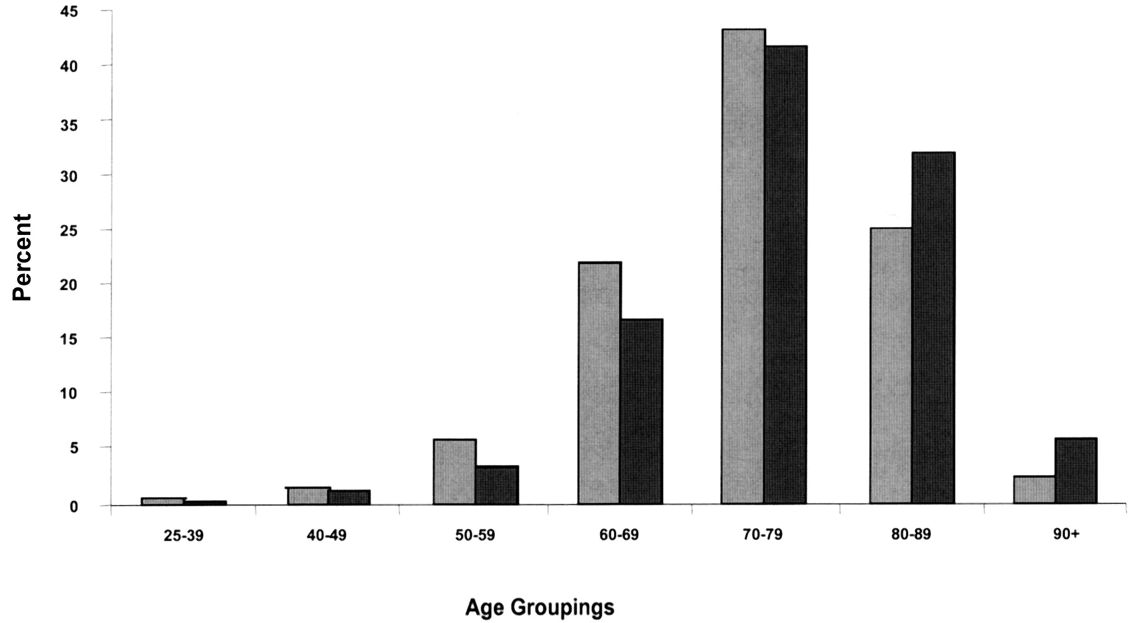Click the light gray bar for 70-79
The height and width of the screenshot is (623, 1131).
(x=743, y=266)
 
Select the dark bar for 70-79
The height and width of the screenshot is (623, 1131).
(x=786, y=274)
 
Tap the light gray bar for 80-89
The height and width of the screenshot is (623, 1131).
(x=891, y=366)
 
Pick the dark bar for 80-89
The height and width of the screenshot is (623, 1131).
(x=934, y=328)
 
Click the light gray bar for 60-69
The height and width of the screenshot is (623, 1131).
(x=599, y=383)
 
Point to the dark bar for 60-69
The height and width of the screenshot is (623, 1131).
(x=642, y=411)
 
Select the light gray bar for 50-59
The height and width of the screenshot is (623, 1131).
(x=455, y=472)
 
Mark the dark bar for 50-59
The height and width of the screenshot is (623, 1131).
(x=497, y=485)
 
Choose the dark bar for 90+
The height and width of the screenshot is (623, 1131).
(x=1076, y=471)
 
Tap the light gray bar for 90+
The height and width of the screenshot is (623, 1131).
(x=1034, y=490)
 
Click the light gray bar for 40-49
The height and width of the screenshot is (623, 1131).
(x=309, y=496)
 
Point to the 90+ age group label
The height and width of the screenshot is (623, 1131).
(x=1066, y=535)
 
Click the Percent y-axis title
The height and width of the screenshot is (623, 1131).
(x=22, y=257)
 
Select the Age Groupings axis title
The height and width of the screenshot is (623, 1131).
(x=539, y=607)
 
